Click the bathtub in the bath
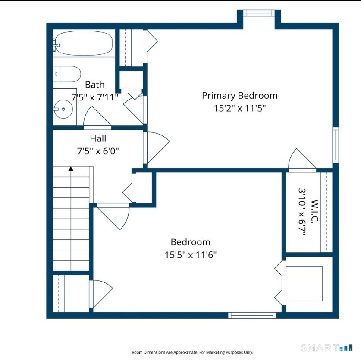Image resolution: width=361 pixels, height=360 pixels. [x=84, y=43]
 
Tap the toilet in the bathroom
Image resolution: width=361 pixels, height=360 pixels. [x=67, y=74]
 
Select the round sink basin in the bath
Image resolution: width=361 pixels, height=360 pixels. [x=63, y=109]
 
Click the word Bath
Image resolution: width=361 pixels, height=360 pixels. [x=94, y=85]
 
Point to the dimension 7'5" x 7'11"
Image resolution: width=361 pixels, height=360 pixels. [x=94, y=97]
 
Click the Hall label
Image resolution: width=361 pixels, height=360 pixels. [x=98, y=138]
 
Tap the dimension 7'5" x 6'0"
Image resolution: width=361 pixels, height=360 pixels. [x=98, y=151]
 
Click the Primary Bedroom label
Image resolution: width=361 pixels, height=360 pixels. [x=240, y=96]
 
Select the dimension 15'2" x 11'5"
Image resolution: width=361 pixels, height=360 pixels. [x=240, y=108]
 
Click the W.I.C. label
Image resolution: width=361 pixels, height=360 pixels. [x=314, y=211]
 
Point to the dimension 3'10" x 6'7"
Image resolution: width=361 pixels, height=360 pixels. [x=302, y=212]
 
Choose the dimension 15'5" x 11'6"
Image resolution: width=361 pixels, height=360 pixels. [x=190, y=255]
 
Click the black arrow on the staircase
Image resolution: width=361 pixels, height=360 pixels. [x=71, y=169]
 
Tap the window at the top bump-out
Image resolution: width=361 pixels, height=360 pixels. [x=259, y=13]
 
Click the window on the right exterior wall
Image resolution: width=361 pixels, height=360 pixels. [x=336, y=145]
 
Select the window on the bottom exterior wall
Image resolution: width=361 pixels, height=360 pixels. [x=252, y=315]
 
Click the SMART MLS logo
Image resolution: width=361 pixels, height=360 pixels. [x=326, y=348]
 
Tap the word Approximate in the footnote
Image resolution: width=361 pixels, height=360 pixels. [x=185, y=352]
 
